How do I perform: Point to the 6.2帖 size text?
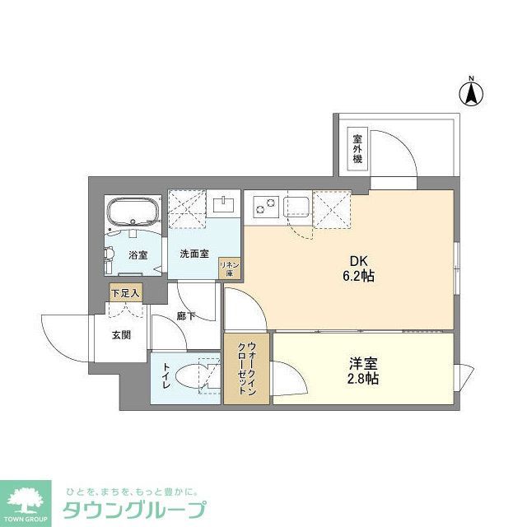(360, 277)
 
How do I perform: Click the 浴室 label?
(138, 255)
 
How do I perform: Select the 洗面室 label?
(194, 253)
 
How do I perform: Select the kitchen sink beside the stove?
(297, 205)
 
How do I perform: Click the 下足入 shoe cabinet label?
(126, 292)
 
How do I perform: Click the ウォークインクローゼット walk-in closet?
(246, 368)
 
